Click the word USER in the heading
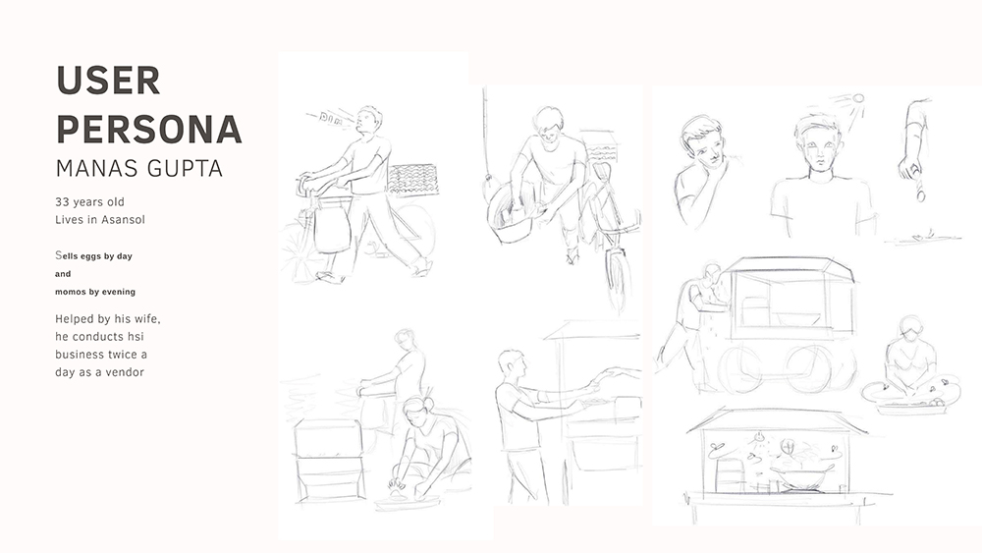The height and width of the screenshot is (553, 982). click(108, 81)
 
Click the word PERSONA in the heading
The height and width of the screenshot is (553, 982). click(149, 129)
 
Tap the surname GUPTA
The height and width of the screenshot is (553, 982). click(185, 169)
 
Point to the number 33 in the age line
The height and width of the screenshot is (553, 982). click(62, 201)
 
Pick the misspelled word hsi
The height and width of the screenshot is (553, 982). click(136, 336)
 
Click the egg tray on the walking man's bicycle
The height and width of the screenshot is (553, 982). click(412, 179)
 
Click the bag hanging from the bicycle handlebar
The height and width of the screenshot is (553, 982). click(331, 229)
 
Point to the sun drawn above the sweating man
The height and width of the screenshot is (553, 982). click(856, 99)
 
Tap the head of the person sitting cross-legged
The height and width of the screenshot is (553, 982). click(910, 330)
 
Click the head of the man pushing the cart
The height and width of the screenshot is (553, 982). click(712, 274)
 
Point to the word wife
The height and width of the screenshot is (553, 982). click(147, 319)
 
